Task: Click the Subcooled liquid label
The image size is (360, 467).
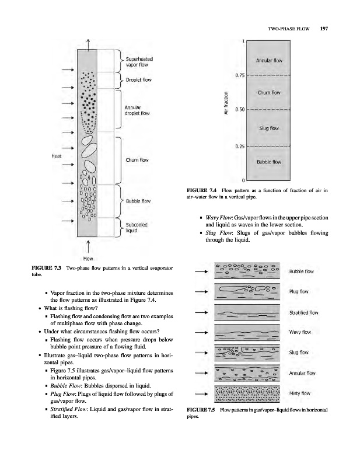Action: (137, 226)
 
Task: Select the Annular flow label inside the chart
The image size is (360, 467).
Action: (270, 60)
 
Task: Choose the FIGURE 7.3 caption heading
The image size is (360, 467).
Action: (48, 267)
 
